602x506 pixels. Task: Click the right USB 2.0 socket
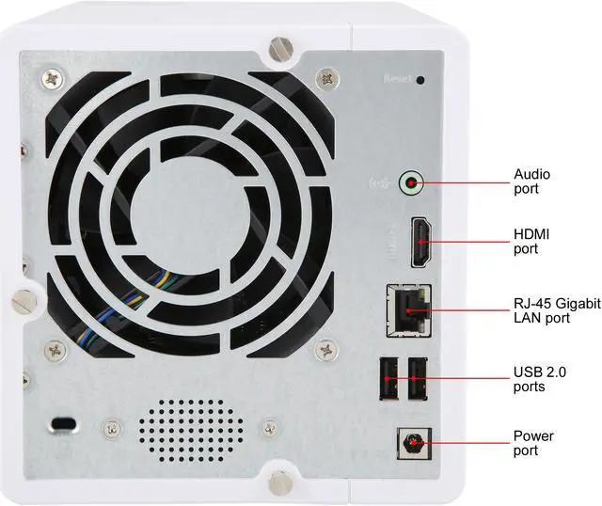417,379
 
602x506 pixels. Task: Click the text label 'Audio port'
531,182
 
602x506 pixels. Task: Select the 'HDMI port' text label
531,241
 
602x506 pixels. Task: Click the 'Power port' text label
533,443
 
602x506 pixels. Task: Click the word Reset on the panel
397,79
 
